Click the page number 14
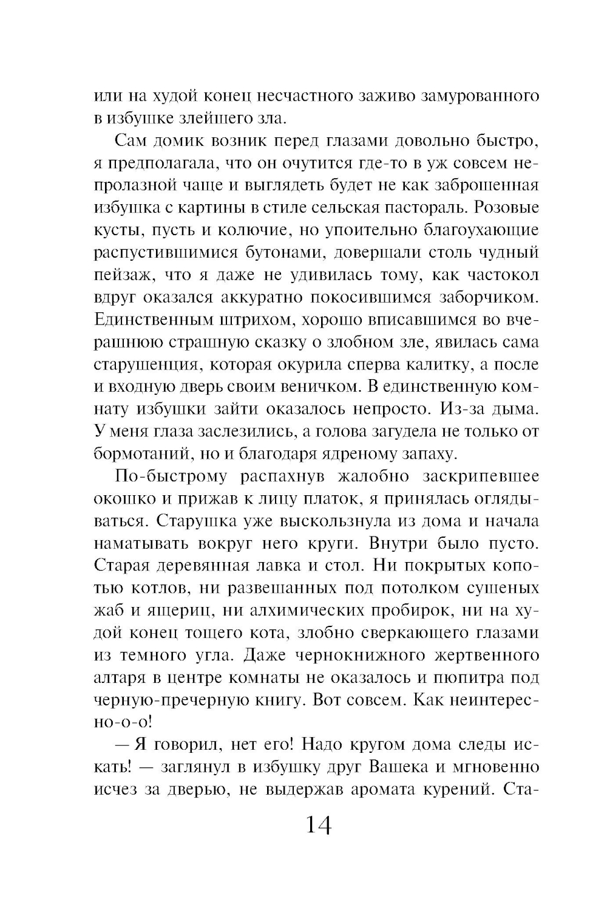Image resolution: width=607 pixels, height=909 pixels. coord(319,825)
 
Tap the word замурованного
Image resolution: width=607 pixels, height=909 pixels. coord(479,96)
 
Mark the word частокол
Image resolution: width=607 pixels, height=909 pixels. coord(503,275)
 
